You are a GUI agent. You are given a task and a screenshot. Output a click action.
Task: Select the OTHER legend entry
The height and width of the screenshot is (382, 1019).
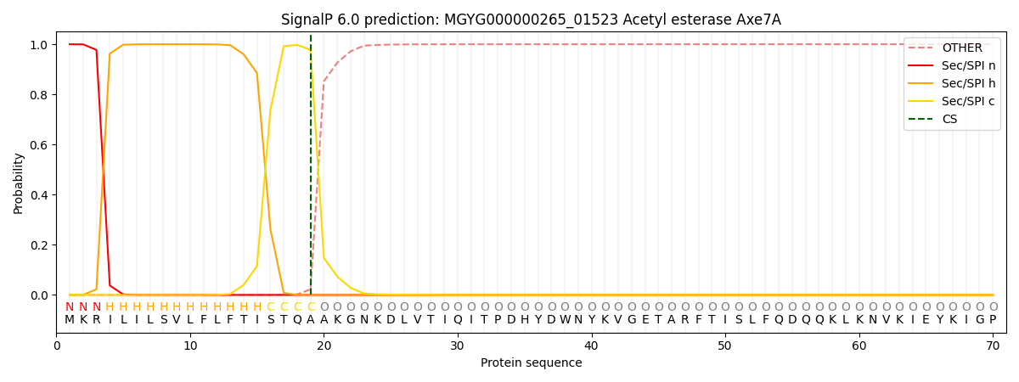[952, 48]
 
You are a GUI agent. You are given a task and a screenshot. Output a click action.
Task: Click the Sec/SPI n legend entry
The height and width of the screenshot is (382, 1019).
[952, 65]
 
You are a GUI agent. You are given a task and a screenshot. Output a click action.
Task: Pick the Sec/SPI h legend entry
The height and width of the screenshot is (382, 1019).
[952, 83]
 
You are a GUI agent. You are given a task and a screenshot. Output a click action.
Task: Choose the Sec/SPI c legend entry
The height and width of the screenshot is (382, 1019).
[952, 101]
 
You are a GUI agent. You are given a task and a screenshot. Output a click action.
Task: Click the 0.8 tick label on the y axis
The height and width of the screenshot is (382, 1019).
[39, 94]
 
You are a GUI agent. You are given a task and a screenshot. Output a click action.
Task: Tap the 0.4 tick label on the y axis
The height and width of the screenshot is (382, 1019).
[39, 195]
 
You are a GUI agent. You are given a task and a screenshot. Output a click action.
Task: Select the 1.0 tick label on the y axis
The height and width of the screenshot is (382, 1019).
[39, 44]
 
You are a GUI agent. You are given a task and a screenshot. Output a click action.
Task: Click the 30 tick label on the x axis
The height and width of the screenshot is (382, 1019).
[457, 346]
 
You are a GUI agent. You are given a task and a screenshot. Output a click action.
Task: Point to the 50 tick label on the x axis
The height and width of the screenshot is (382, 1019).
[724, 346]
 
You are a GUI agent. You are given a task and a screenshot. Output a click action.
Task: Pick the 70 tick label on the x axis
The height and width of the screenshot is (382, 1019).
[993, 346]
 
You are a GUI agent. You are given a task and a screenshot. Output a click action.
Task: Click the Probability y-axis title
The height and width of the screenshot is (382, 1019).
[18, 183]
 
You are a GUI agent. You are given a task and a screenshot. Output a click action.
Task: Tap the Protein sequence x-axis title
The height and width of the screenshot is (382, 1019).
[532, 363]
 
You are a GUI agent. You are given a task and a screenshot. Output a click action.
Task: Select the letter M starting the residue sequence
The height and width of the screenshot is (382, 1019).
[70, 320]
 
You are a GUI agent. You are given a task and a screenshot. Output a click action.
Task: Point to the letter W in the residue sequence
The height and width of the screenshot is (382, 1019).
[565, 320]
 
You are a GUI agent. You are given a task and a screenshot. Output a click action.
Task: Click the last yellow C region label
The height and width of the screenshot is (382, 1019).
[311, 307]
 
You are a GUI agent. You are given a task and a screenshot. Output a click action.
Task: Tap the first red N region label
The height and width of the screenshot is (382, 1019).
[70, 307]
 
